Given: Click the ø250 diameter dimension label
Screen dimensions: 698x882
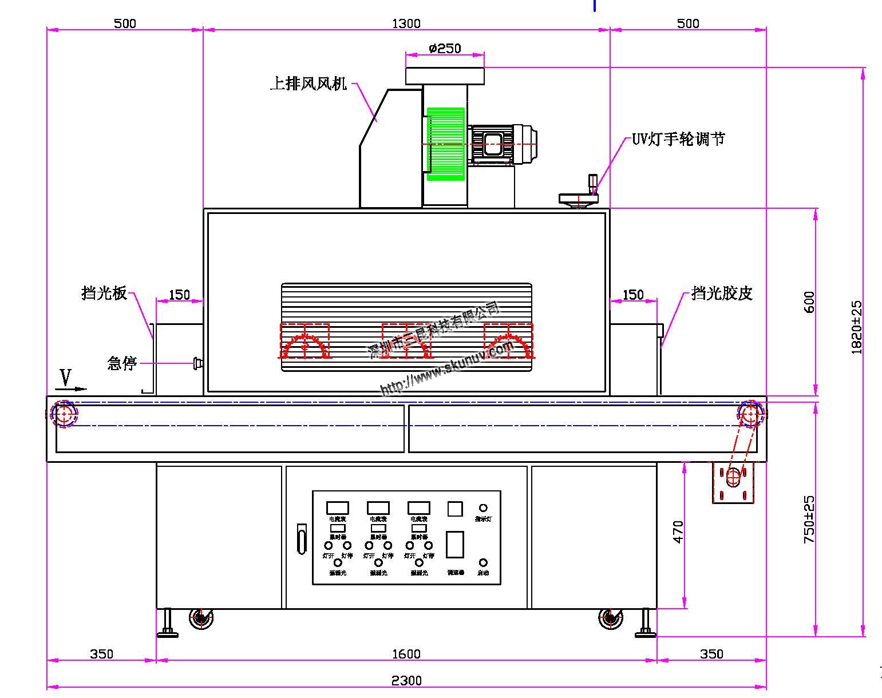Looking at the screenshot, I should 445,48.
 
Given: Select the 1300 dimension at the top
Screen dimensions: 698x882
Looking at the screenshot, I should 406,23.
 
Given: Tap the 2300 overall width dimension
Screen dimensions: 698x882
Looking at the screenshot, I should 406,680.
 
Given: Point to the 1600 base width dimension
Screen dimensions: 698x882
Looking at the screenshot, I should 406,653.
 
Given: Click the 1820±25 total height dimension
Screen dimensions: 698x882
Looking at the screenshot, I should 857,327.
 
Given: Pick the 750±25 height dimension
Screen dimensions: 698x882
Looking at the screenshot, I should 809,519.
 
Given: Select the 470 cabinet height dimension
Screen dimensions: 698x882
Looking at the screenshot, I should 678,532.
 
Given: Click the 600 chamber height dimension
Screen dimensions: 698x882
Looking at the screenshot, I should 809,302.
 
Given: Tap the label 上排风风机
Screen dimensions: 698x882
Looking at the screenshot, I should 308,84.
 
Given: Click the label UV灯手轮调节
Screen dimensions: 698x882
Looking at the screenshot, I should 678,139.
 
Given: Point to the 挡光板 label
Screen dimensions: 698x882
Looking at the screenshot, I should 104,294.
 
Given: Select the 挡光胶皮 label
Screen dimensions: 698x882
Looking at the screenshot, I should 721,294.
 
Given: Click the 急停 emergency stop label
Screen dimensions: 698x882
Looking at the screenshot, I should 122,363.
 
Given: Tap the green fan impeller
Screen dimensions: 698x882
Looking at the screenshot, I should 445,144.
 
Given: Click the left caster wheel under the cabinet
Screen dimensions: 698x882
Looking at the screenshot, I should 201,618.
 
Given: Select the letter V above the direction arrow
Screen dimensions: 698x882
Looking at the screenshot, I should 66,378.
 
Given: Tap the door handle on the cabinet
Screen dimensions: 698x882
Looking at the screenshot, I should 302,538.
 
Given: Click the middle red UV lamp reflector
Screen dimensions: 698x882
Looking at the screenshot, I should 406,342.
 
